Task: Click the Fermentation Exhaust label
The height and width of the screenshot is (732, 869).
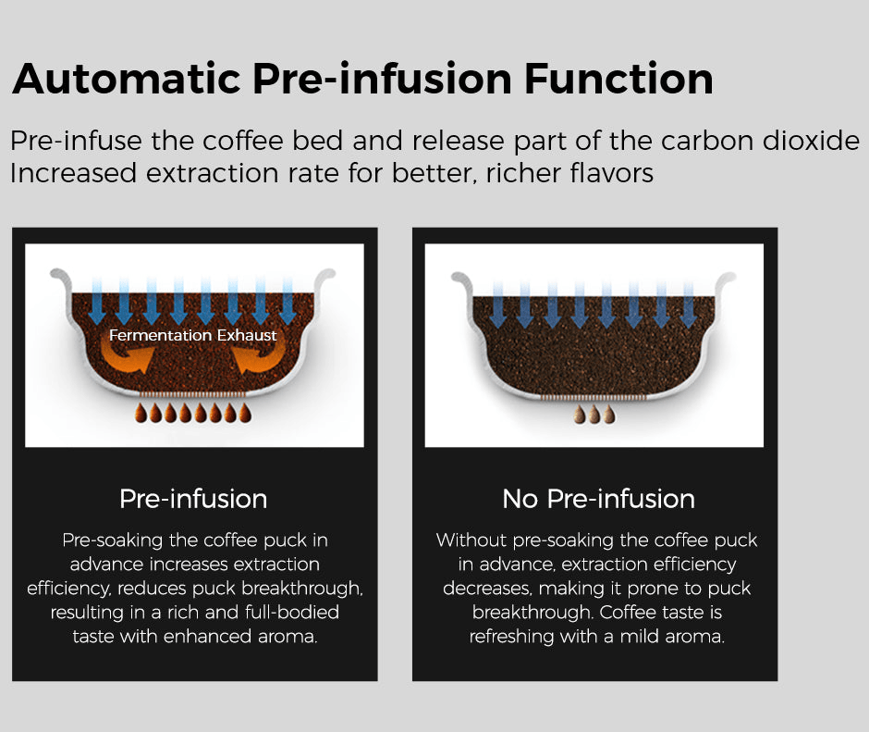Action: pyautogui.click(x=193, y=335)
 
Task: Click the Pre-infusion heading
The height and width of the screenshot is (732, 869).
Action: pyautogui.click(x=193, y=499)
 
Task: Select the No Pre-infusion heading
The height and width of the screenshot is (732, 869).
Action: pyautogui.click(x=598, y=499)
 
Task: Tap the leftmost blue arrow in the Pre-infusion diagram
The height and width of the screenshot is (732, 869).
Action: pyautogui.click(x=96, y=301)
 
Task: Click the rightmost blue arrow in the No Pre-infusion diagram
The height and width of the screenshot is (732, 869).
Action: pyautogui.click(x=688, y=304)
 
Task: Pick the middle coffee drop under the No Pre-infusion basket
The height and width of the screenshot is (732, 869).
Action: pyautogui.click(x=594, y=416)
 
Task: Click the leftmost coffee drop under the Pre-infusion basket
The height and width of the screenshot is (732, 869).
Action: pyautogui.click(x=141, y=413)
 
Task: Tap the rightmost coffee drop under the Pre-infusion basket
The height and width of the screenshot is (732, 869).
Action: pyautogui.click(x=245, y=413)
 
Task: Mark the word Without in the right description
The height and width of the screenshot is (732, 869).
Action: pyautogui.click(x=472, y=540)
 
